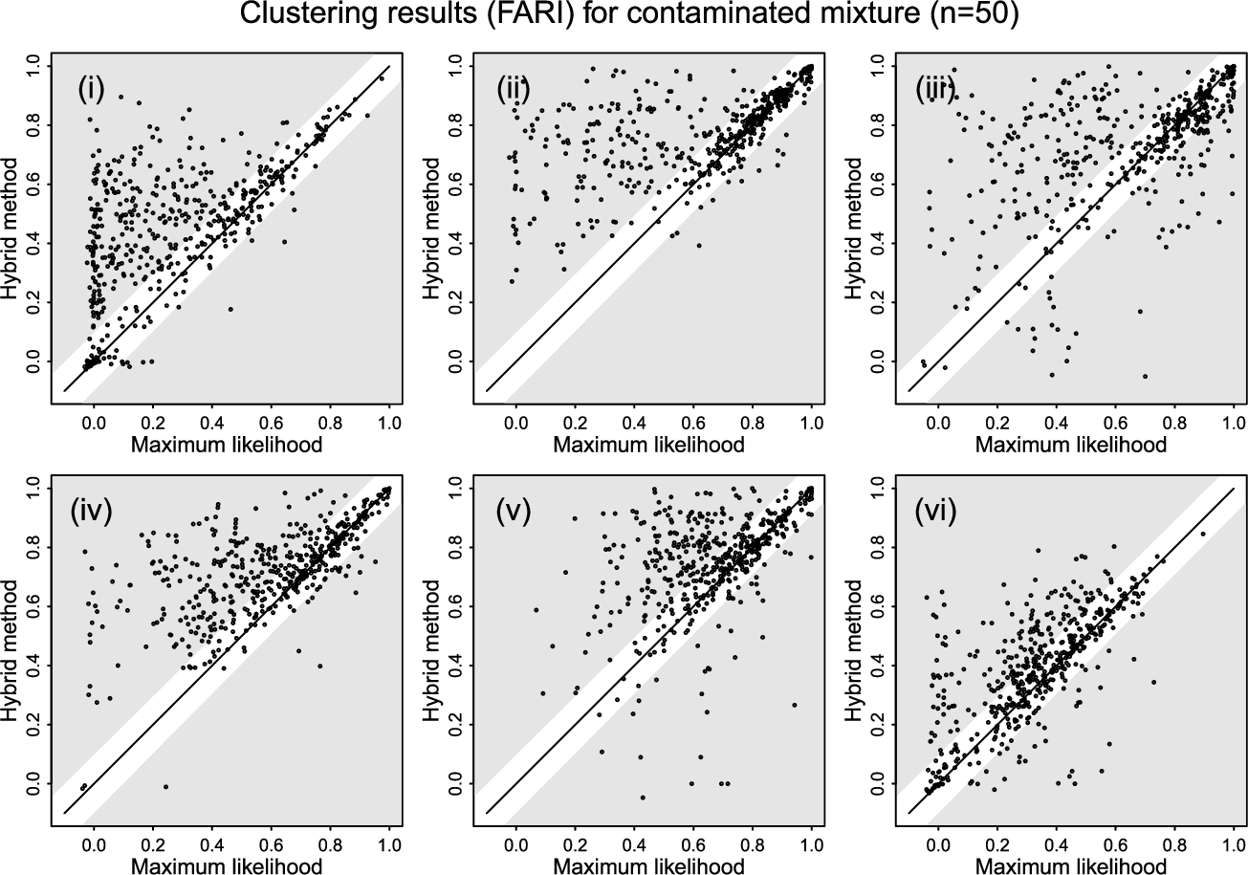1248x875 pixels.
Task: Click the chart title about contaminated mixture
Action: pyautogui.click(x=624, y=16)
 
